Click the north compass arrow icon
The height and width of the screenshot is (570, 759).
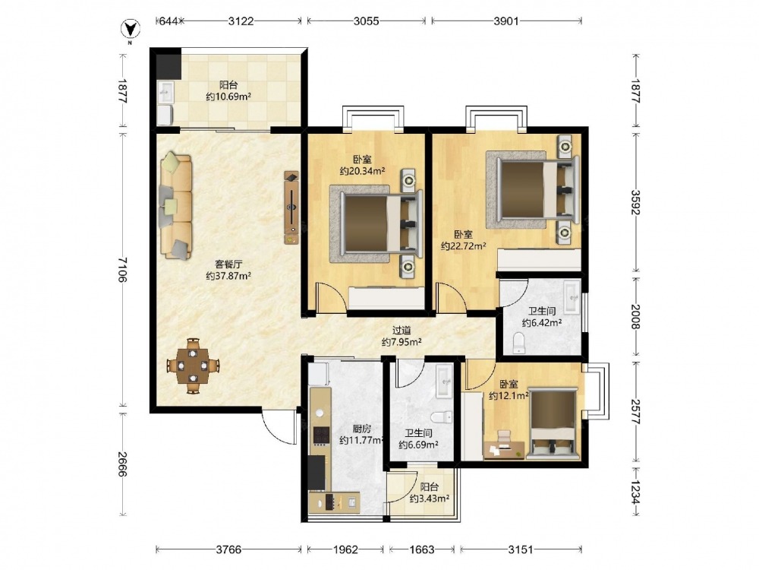pyautogui.click(x=130, y=30)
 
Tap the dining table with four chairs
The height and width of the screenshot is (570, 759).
pyautogui.click(x=193, y=365)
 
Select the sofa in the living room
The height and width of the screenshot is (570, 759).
pyautogui.click(x=175, y=205)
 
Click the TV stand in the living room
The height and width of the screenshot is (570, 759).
pyautogui.click(x=291, y=207)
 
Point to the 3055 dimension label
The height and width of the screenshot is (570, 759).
pyautogui.click(x=366, y=21)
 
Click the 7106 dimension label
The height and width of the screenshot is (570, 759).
pyautogui.click(x=121, y=270)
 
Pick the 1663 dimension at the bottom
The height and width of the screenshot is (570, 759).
pyautogui.click(x=421, y=549)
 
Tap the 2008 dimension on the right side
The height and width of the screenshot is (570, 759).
pyautogui.click(x=635, y=316)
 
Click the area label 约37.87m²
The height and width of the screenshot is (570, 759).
pyautogui.click(x=228, y=277)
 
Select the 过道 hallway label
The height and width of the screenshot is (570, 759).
pyautogui.click(x=402, y=331)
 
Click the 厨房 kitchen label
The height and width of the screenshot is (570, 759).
pyautogui.click(x=361, y=429)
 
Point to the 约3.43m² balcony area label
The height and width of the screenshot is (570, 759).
pyautogui.click(x=430, y=499)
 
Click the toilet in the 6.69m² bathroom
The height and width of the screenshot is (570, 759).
pyautogui.click(x=440, y=416)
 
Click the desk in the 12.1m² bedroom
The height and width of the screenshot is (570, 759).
pyautogui.click(x=504, y=449)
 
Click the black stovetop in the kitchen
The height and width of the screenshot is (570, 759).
pyautogui.click(x=320, y=435)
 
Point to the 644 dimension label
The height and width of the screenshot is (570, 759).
pyautogui.click(x=168, y=21)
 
